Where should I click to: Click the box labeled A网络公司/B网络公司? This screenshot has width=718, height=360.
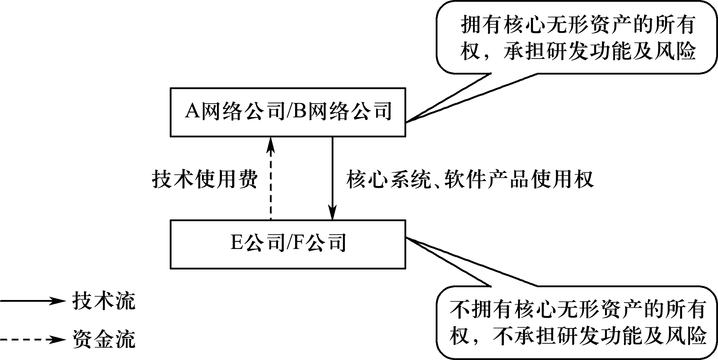coord(288,112)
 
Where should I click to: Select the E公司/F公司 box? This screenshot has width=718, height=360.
coord(288,244)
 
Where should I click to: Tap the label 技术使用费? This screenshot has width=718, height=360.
coord(205,179)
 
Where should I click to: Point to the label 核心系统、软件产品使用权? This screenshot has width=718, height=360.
coord(470,179)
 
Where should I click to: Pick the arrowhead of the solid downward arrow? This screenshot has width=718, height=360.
coord(332,214)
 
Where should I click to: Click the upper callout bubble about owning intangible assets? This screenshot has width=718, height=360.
coord(577,37)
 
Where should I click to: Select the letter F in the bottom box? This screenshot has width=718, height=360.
coord(298,244)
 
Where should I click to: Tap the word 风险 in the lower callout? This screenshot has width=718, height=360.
coord(685,336)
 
